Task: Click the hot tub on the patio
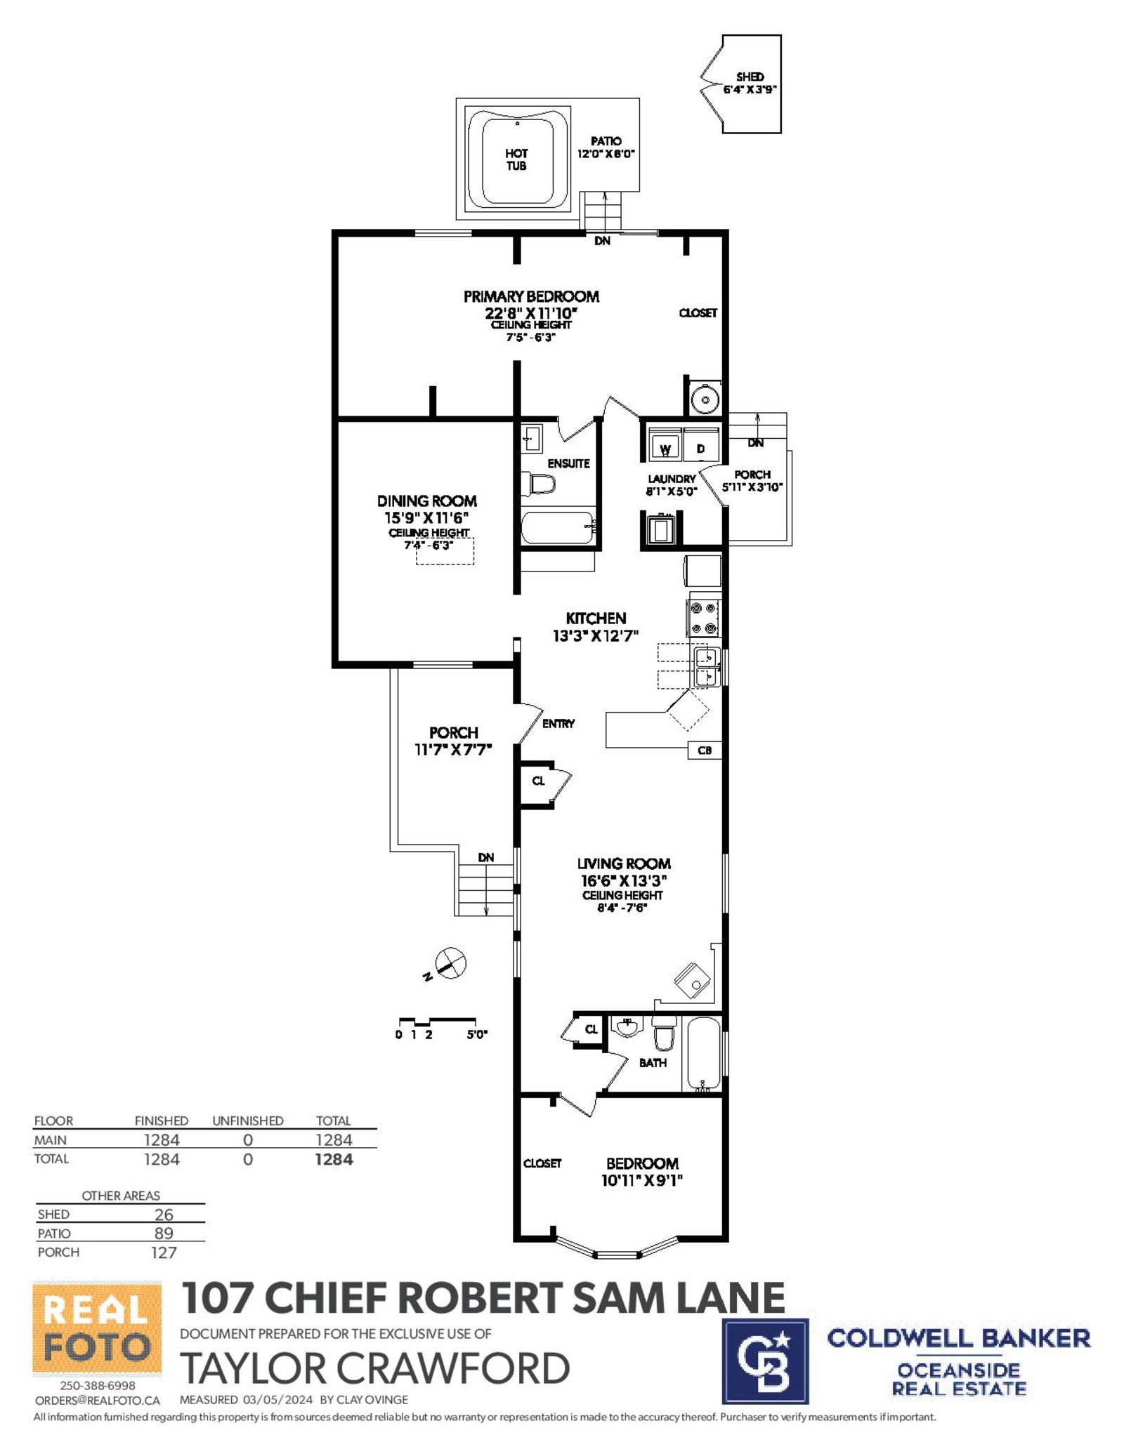(x=516, y=159)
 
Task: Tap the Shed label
(x=750, y=77)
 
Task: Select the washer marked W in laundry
(x=665, y=444)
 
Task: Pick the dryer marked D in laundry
(x=701, y=444)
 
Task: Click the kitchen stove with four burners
(x=704, y=618)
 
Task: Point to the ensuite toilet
(x=538, y=484)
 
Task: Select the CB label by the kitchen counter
(x=705, y=750)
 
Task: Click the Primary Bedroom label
(x=531, y=296)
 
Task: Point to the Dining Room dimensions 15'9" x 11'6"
(x=426, y=517)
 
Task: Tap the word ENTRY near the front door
(x=558, y=723)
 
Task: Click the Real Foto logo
(x=97, y=1329)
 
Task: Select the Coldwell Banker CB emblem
(x=765, y=1361)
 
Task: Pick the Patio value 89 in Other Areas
(x=164, y=1234)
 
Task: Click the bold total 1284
(x=334, y=1159)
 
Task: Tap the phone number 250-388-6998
(x=98, y=1385)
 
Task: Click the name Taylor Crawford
(x=375, y=1368)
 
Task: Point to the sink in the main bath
(x=627, y=1027)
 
